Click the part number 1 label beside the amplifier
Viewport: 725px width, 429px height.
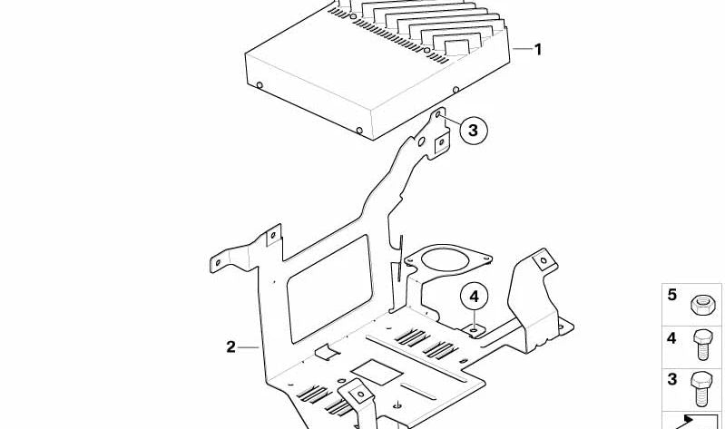pyautogui.click(x=537, y=49)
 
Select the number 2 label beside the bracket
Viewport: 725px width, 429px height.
pyautogui.click(x=230, y=346)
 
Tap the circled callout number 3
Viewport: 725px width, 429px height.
pyautogui.click(x=474, y=130)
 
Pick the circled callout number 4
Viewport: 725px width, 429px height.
pyautogui.click(x=474, y=297)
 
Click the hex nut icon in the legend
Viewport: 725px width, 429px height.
pyautogui.click(x=702, y=305)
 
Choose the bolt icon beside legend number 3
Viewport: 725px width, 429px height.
pyautogui.click(x=702, y=388)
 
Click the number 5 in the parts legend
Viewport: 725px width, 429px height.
pyautogui.click(x=671, y=295)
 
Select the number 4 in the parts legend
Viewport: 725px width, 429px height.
pyautogui.click(x=671, y=338)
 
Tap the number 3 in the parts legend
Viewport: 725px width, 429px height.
pyautogui.click(x=671, y=379)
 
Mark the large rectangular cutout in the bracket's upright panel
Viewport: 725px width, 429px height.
pyautogui.click(x=329, y=289)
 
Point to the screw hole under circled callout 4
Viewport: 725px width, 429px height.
pyautogui.click(x=475, y=330)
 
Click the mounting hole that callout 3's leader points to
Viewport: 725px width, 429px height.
pyautogui.click(x=438, y=113)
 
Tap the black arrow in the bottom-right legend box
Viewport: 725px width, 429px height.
pyautogui.click(x=685, y=421)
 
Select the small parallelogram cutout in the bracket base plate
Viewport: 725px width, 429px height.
pyautogui.click(x=377, y=372)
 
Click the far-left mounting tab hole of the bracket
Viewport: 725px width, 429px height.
pyautogui.click(x=219, y=263)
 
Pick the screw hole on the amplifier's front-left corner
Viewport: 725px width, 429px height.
pyautogui.click(x=260, y=85)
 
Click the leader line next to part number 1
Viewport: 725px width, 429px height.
pyautogui.click(x=522, y=49)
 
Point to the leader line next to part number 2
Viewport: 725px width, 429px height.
pyautogui.click(x=250, y=346)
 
